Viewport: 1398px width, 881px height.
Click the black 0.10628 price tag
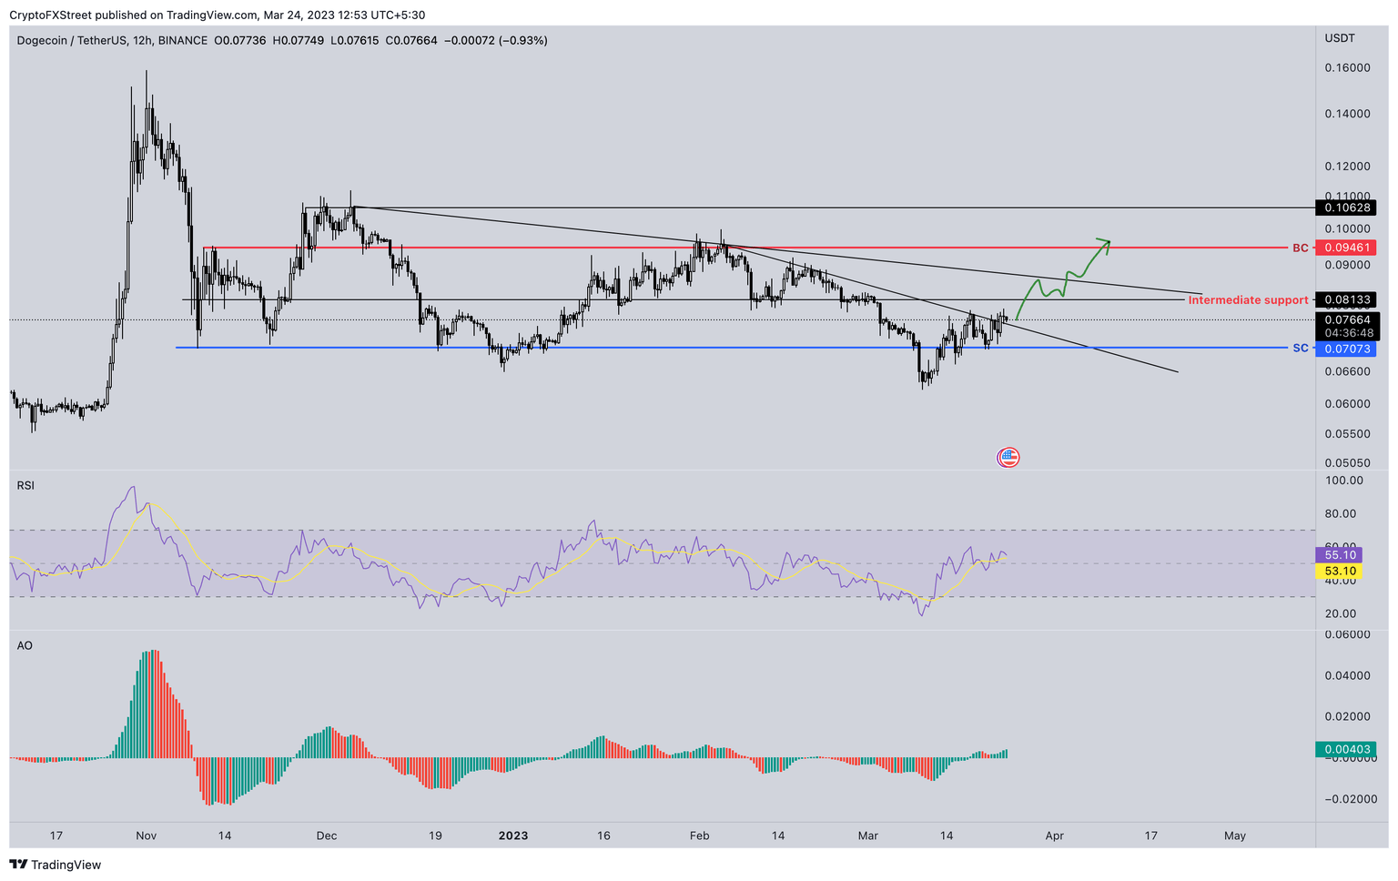(1345, 208)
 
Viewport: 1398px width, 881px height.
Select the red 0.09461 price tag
(1345, 248)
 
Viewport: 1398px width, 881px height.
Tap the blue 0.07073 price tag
(1345, 349)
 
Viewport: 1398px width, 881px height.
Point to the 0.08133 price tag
(1345, 299)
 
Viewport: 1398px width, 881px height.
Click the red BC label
(1300, 248)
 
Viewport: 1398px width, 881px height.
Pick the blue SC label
(1300, 349)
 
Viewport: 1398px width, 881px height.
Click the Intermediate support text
(1248, 299)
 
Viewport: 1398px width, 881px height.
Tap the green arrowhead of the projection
(1105, 242)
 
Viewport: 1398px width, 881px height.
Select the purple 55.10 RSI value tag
(1341, 554)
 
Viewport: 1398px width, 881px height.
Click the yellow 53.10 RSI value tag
(1341, 571)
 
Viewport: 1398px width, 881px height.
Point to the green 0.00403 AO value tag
(1344, 749)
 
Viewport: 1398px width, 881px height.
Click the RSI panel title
(25, 486)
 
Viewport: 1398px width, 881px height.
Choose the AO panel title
(25, 645)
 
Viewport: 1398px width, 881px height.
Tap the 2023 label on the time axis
(513, 835)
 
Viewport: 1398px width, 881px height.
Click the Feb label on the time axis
(699, 835)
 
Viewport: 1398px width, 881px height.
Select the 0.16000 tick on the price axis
(1347, 68)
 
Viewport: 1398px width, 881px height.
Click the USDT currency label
(1340, 38)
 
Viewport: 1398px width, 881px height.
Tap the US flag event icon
(1008, 457)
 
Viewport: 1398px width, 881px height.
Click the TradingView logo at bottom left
(56, 865)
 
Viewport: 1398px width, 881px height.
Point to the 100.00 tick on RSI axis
(1344, 481)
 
